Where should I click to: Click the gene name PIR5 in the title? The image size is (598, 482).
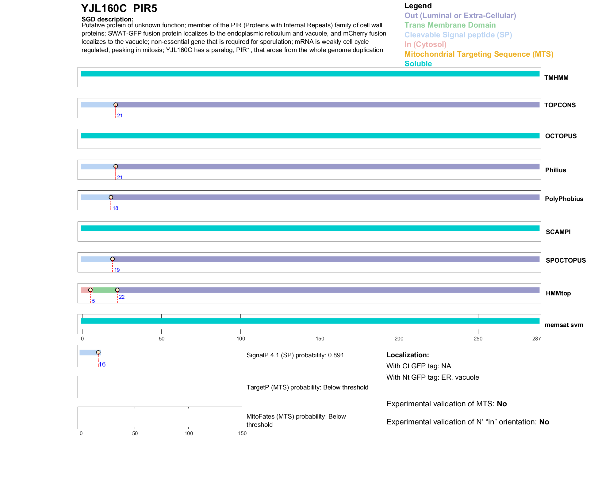(145, 9)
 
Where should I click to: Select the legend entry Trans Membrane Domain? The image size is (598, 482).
(450, 25)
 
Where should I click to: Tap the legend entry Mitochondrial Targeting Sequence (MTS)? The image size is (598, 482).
(479, 54)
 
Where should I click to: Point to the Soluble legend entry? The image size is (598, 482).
(418, 64)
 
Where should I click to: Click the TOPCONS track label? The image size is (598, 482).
(560, 105)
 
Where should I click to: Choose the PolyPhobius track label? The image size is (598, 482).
(564, 199)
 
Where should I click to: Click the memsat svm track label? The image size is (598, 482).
(564, 325)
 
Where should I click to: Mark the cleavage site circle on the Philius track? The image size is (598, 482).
(116, 167)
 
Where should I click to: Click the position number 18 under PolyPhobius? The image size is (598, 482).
(115, 208)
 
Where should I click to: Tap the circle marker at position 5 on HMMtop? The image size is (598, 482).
(90, 290)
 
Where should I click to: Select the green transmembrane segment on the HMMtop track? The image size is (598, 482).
(104, 290)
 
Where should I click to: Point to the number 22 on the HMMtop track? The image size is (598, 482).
(122, 297)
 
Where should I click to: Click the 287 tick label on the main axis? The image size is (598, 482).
(536, 339)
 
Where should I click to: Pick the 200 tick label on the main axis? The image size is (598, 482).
(399, 339)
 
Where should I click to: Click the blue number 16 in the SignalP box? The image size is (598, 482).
(102, 364)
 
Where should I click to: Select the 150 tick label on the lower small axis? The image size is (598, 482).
(242, 433)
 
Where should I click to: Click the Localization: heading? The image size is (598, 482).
(408, 355)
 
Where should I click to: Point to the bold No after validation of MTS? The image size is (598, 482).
(502, 404)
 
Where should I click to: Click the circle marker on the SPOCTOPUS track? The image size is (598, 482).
(113, 259)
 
